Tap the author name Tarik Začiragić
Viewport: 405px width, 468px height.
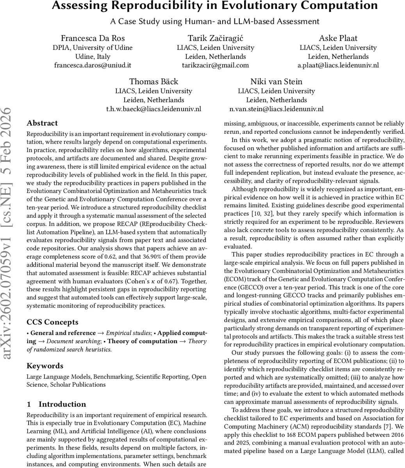(x=215, y=38)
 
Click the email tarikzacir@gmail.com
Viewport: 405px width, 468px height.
(x=215, y=65)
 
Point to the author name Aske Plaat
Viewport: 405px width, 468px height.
(x=338, y=38)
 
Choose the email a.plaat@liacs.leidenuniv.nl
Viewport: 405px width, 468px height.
(x=338, y=65)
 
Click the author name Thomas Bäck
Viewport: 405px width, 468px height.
(x=153, y=82)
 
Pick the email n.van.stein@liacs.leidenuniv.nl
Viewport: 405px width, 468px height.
(x=276, y=109)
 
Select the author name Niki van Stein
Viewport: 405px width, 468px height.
(x=276, y=82)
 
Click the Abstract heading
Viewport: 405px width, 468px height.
(x=42, y=123)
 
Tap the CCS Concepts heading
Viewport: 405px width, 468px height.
(x=52, y=322)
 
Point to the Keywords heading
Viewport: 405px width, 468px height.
(x=45, y=366)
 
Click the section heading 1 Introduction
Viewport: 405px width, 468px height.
(x=56, y=404)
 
